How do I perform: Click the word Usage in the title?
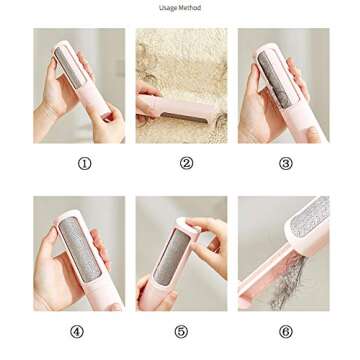pyautogui.click(x=169, y=8)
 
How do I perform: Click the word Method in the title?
pyautogui.click(x=190, y=8)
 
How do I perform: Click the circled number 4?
pyautogui.click(x=77, y=331)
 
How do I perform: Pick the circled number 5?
pyautogui.click(x=180, y=331)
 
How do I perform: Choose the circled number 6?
pyautogui.click(x=285, y=331)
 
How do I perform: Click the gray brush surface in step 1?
pyautogui.click(x=73, y=68)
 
